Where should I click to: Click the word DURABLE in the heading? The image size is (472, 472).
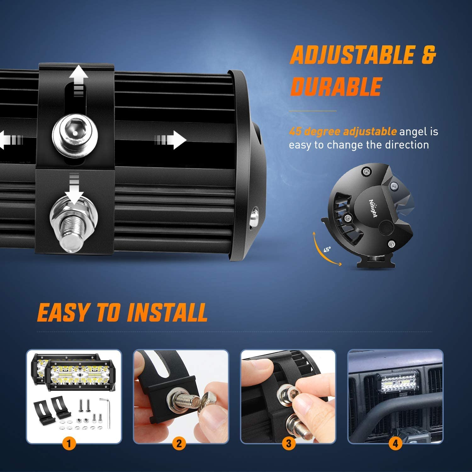point(336,86)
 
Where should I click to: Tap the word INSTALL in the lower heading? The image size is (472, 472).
point(167,312)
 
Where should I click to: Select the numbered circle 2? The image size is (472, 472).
point(179,444)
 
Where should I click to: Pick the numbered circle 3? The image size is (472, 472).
point(289,444)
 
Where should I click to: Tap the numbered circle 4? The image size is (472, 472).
point(395,444)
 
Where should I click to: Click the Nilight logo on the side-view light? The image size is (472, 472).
point(373,208)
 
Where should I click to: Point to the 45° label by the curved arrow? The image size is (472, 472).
point(327,250)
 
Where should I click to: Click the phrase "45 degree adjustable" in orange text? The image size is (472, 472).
point(343,131)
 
